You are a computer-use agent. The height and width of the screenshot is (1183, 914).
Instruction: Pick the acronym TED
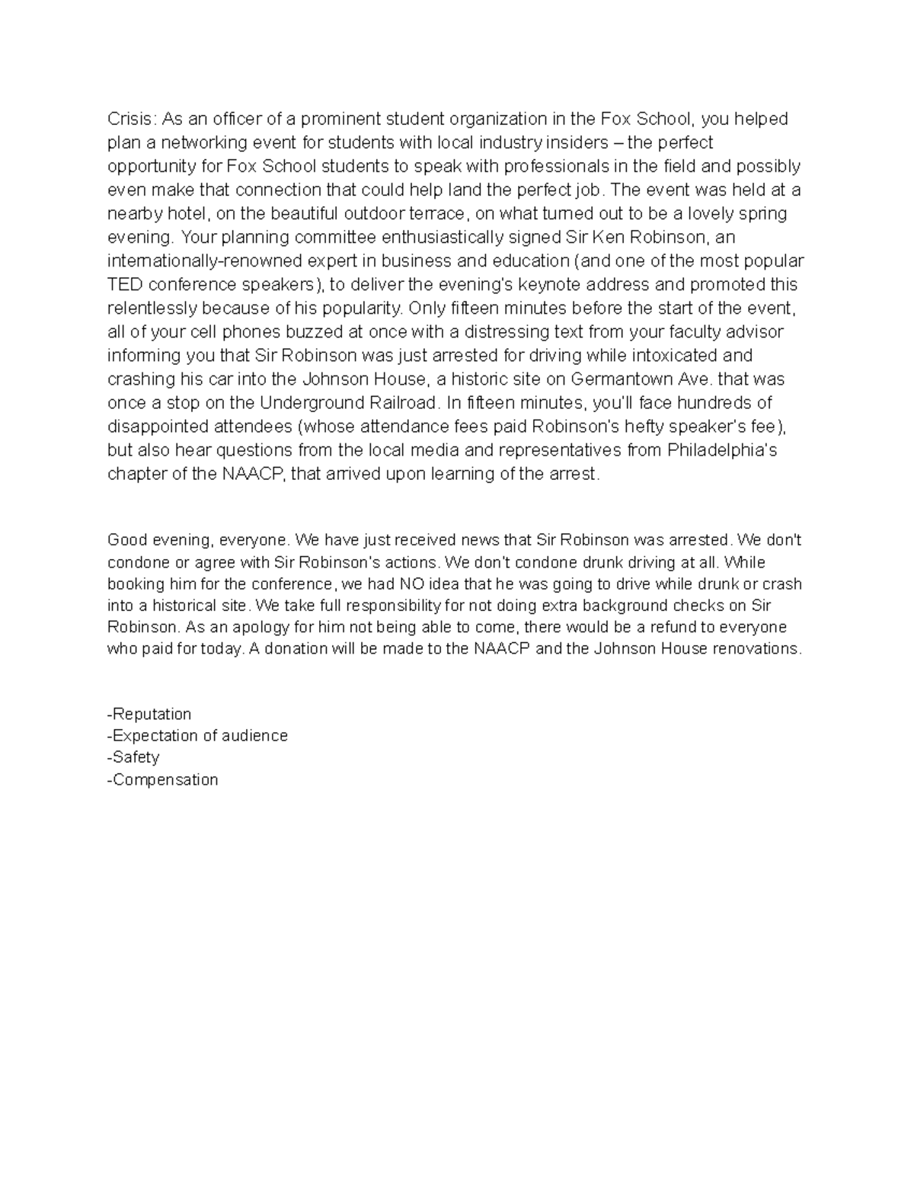(x=125, y=284)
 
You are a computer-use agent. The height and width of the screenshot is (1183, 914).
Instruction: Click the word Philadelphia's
(x=722, y=449)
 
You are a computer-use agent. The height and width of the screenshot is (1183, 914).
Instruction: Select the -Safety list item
(x=133, y=757)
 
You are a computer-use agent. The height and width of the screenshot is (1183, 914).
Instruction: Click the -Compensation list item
(x=163, y=779)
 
